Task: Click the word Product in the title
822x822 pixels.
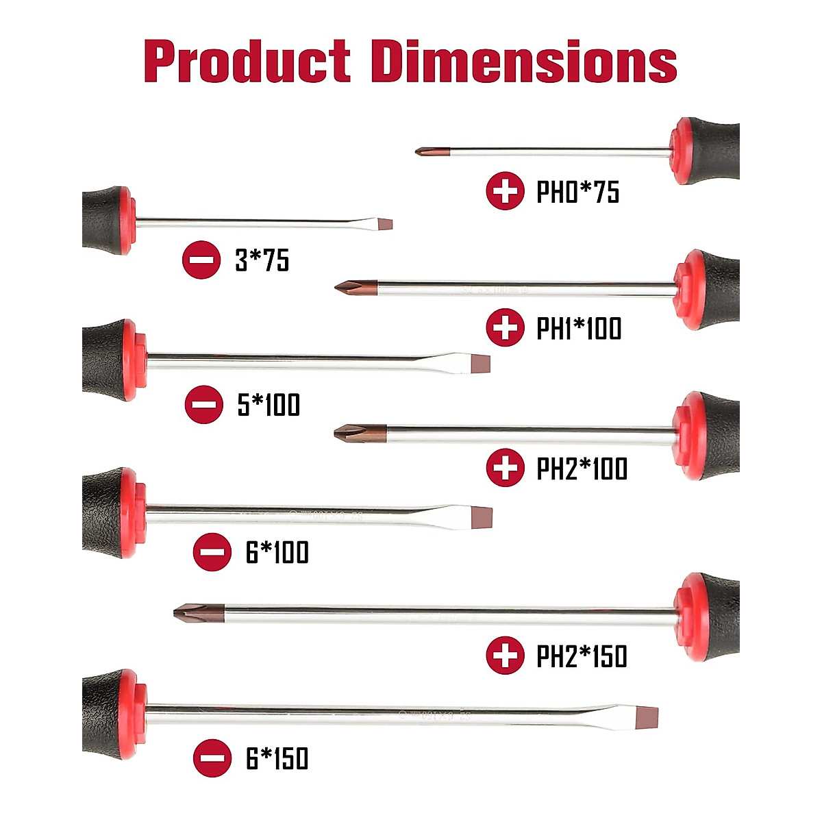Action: [247, 62]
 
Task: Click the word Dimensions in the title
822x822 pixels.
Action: [524, 62]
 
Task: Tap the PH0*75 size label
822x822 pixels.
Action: [577, 192]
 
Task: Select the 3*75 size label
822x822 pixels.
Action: [262, 260]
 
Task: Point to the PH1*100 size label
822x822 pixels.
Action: [579, 329]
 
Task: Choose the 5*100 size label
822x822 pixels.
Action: [269, 405]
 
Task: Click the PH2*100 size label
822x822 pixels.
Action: [582, 469]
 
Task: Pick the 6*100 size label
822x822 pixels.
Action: [277, 553]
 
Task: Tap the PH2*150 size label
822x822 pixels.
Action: [582, 656]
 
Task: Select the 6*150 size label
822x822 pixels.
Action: [277, 759]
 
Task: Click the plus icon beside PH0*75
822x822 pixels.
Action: [505, 191]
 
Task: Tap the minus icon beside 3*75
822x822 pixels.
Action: [201, 260]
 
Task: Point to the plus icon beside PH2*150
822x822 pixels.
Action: [505, 656]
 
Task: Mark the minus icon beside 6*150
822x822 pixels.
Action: [212, 758]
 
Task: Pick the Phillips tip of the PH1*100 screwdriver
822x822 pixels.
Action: [353, 288]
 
